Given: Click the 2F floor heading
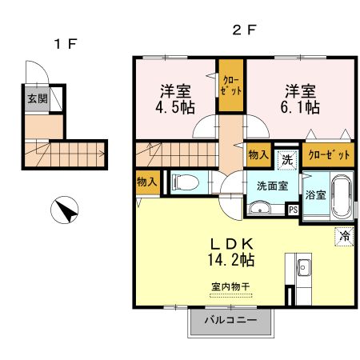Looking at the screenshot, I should tap(244, 31).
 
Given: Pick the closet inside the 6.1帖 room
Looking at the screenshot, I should tap(328, 155).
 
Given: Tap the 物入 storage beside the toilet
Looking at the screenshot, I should tap(146, 182).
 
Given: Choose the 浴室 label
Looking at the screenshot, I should tap(315, 194).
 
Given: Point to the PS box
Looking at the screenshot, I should tap(293, 210).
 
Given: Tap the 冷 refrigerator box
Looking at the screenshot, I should tap(343, 236).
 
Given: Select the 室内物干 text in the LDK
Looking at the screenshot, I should tap(230, 286).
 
